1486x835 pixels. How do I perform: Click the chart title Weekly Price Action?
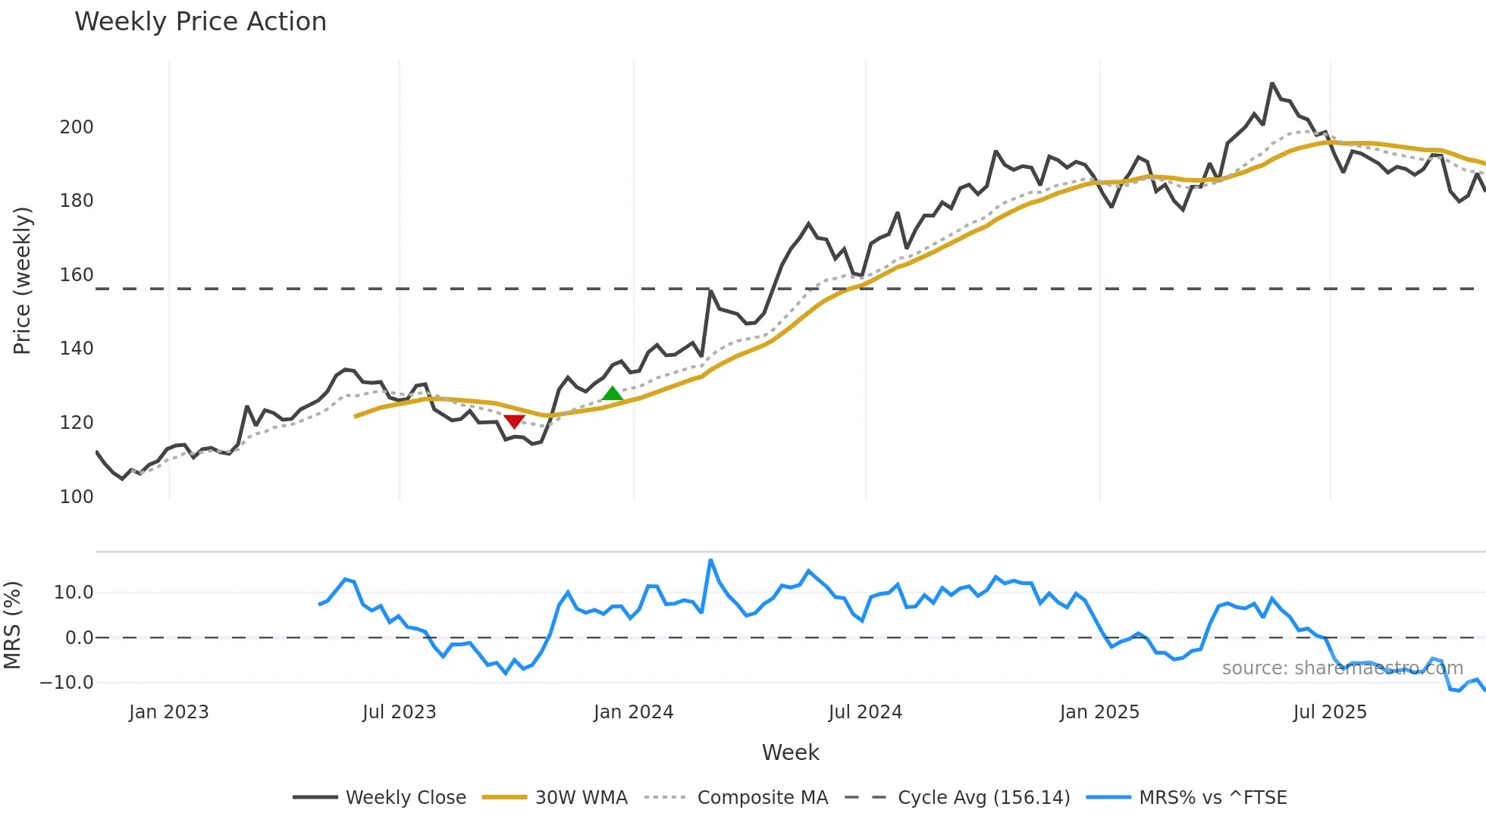200,22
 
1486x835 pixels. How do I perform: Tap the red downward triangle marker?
514,421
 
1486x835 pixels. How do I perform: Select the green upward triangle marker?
612,393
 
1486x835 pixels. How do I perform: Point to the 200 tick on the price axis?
77,127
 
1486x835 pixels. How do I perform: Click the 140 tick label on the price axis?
77,349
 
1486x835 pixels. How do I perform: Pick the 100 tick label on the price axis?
77,497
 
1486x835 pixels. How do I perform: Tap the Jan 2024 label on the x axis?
633,712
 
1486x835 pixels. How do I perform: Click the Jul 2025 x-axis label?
1330,712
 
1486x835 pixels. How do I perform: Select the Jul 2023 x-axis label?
399,712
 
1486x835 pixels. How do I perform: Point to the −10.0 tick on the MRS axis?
67,683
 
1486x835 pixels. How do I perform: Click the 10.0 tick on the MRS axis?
74,593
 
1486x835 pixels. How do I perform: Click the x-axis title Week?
790,752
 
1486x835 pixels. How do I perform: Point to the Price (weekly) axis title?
22,280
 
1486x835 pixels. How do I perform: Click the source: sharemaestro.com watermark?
1342,668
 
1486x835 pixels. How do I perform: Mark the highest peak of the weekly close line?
1272,83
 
